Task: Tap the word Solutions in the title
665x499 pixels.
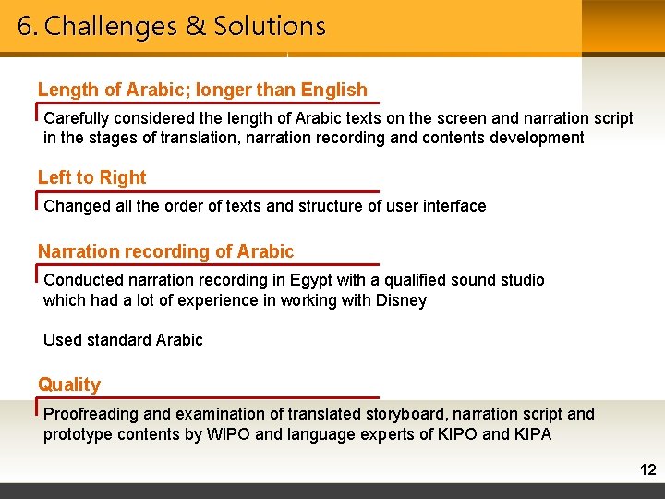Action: (x=270, y=26)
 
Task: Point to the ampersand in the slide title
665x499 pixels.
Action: (x=195, y=26)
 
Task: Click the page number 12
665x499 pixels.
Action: (x=647, y=470)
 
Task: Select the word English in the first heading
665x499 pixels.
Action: (x=333, y=90)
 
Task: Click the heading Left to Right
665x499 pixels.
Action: (x=91, y=177)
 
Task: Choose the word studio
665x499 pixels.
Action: (x=522, y=280)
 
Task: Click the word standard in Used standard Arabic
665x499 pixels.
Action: (x=119, y=340)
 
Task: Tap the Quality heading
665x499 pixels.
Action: (x=69, y=384)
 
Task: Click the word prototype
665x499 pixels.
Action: (x=78, y=434)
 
